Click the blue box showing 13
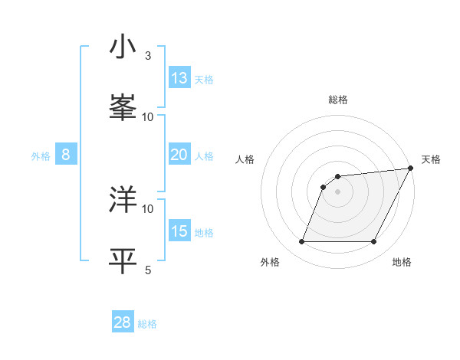click(x=179, y=78)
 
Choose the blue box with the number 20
click(x=179, y=155)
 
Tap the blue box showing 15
click(x=179, y=231)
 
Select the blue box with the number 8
click(x=66, y=155)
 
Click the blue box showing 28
click(x=123, y=322)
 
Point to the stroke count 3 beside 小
click(x=148, y=56)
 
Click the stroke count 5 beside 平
click(x=148, y=269)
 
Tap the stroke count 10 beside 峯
click(x=148, y=116)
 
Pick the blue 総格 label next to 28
click(x=148, y=324)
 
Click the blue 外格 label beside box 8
click(x=41, y=156)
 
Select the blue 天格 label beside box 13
click(x=204, y=80)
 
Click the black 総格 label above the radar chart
click(x=338, y=100)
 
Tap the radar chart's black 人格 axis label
click(x=245, y=159)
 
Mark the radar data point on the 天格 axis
click(x=411, y=169)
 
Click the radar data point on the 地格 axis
click(x=373, y=242)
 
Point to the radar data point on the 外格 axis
click(x=302, y=242)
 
